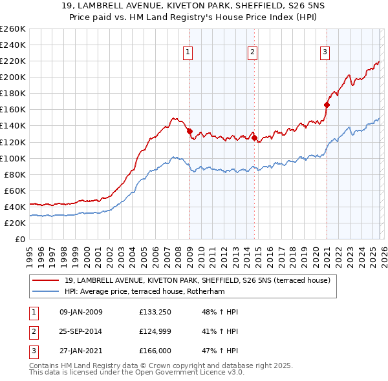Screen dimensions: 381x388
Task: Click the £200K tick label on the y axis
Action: coord(13,77)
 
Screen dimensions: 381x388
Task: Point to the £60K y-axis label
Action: coord(15,190)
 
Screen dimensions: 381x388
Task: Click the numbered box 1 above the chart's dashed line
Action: coord(188,52)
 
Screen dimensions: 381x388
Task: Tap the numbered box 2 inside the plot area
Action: coord(252,52)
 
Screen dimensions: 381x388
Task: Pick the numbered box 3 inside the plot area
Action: coord(325,52)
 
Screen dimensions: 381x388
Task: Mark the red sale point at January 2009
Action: coord(189,131)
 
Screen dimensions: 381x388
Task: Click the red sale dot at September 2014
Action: coord(255,138)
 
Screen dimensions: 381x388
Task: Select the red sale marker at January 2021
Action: coord(327,105)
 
